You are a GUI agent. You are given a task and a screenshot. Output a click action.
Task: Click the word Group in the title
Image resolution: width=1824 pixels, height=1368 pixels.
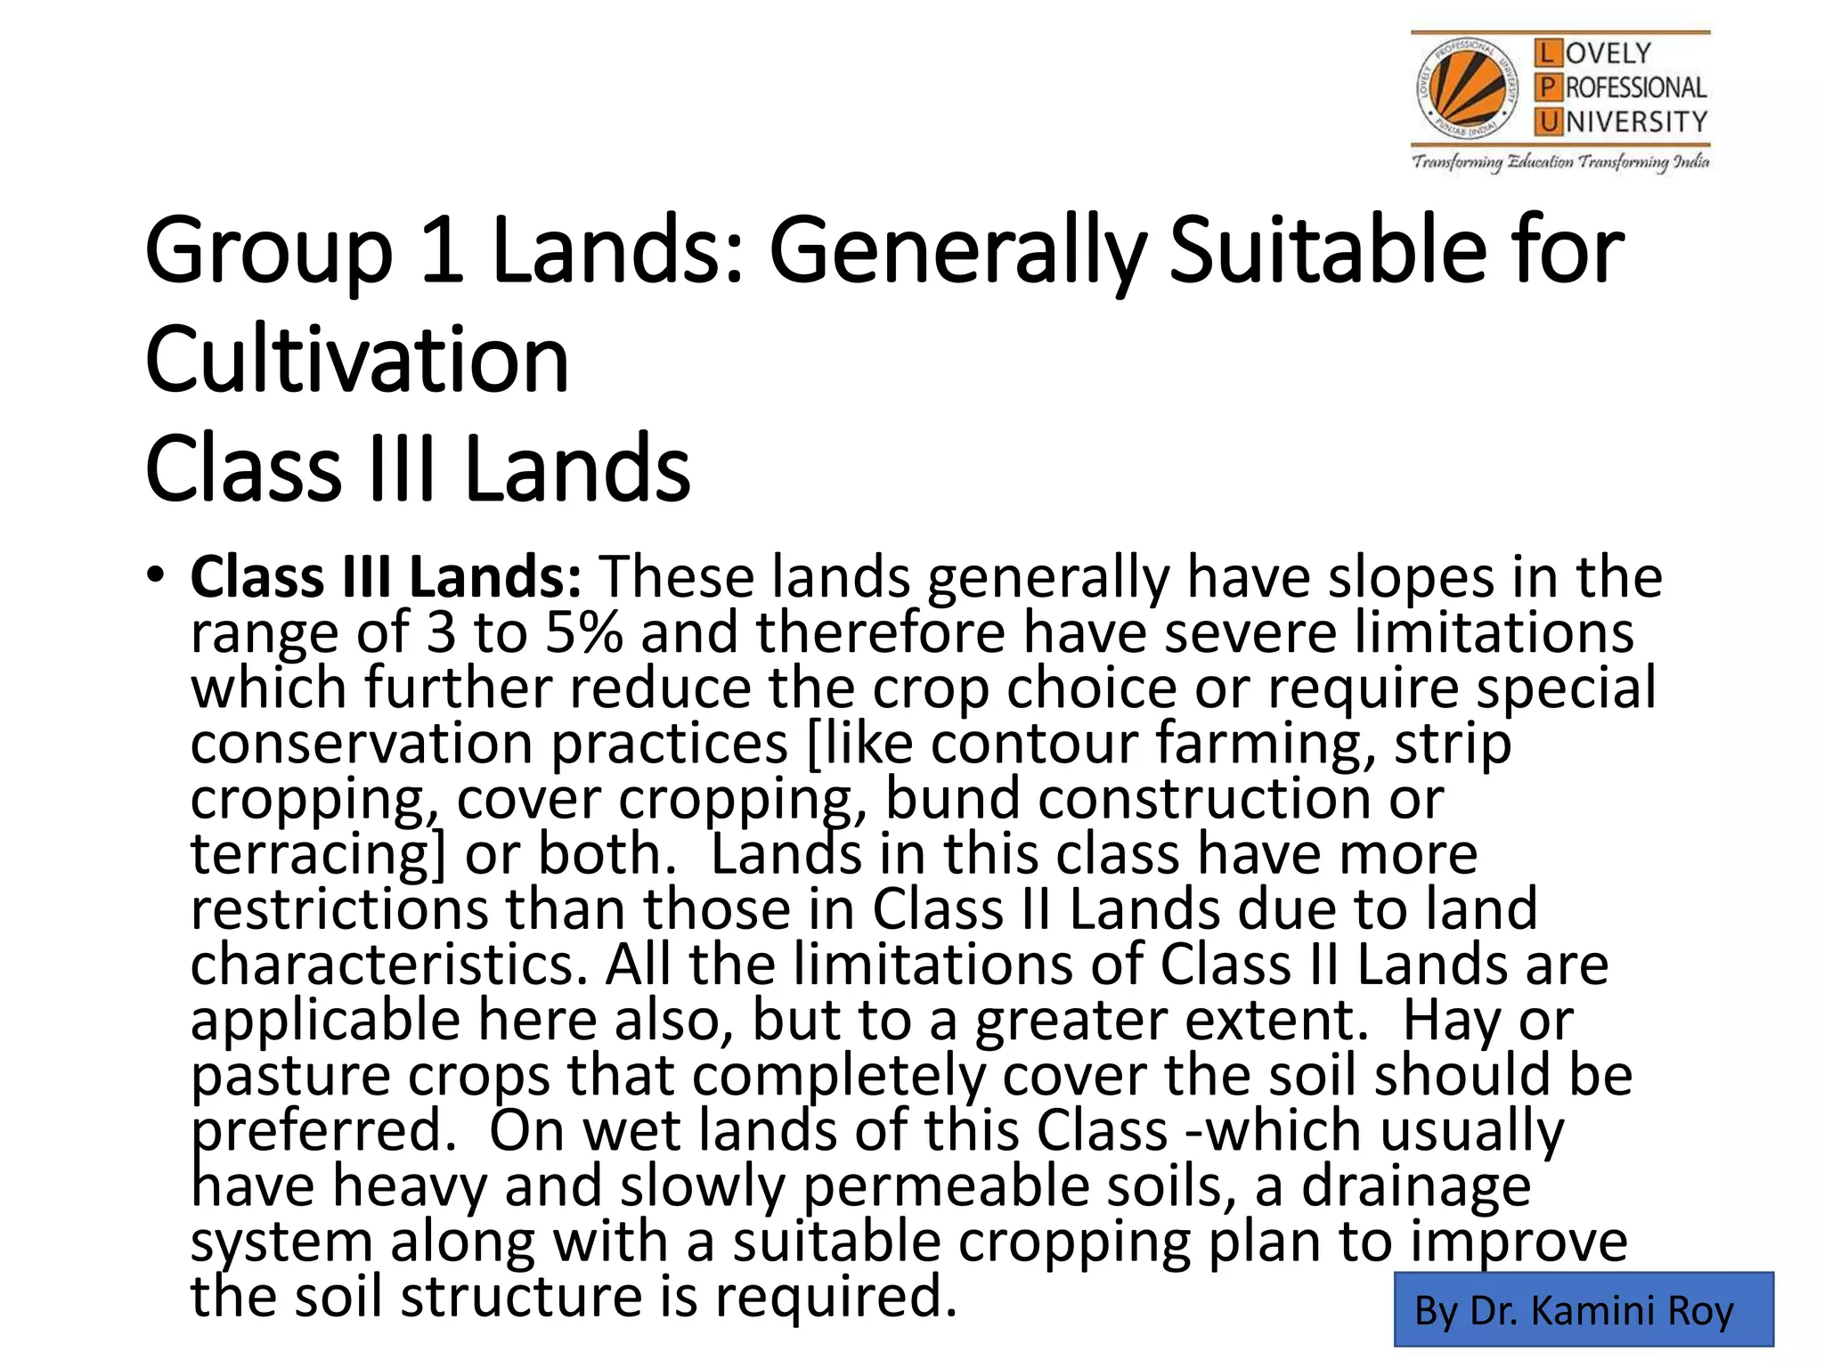(268, 251)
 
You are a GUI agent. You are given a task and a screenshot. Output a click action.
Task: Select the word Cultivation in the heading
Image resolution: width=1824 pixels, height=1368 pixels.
(356, 360)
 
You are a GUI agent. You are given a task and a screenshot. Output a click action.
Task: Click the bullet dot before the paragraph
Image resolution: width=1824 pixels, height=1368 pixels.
(157, 574)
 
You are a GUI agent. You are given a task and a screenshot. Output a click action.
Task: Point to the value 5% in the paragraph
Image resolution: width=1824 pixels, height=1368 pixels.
(583, 632)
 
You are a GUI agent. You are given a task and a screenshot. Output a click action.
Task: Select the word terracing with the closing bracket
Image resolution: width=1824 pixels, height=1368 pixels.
(317, 853)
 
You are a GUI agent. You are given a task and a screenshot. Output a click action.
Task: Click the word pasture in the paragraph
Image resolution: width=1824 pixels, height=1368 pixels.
(290, 1075)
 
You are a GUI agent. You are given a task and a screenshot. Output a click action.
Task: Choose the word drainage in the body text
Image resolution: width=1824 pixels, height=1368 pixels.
(1416, 1185)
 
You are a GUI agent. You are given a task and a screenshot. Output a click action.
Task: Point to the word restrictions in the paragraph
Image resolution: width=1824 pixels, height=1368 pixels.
(339, 908)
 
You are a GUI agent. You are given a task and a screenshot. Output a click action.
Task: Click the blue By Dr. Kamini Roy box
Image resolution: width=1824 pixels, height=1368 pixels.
(1583, 1309)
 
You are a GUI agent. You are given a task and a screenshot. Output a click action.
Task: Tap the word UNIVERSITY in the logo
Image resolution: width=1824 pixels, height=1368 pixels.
(1636, 121)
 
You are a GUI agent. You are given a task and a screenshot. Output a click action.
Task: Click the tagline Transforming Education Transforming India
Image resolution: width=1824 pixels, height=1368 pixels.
(1560, 162)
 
